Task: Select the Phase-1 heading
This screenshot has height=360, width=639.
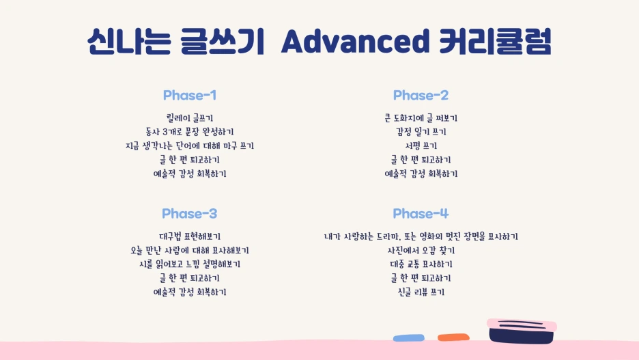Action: point(189,95)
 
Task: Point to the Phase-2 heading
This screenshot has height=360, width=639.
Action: point(421,95)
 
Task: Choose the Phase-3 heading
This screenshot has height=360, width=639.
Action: point(189,214)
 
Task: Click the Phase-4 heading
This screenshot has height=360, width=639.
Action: point(421,214)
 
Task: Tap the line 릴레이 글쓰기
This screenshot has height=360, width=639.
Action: point(189,118)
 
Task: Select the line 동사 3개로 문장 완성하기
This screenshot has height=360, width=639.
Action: point(189,132)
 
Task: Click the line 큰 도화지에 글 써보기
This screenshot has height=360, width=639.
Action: point(421,118)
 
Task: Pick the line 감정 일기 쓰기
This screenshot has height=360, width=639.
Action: point(421,132)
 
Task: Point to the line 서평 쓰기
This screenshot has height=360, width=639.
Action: point(421,146)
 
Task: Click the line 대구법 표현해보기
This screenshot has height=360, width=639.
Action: point(189,236)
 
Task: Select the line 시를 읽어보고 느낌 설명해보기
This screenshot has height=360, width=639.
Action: point(189,264)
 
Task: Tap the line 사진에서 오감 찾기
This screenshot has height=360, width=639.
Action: point(421,251)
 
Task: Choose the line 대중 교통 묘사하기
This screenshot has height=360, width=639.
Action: point(421,264)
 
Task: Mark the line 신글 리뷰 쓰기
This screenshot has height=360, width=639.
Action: point(421,292)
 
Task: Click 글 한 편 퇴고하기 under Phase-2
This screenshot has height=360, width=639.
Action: point(421,160)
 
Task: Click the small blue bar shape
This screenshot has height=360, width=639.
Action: point(408,337)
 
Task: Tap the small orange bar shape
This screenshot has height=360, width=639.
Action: point(451,337)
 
